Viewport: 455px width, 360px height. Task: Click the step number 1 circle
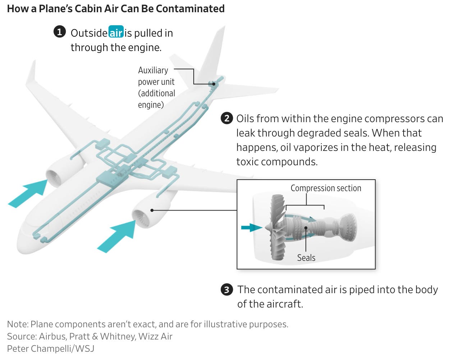tap(59, 32)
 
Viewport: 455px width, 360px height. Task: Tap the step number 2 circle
tap(226, 118)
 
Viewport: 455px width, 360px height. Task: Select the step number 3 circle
tap(226, 290)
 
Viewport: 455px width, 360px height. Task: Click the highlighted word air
tap(116, 33)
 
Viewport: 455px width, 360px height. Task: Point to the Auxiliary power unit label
tap(156, 87)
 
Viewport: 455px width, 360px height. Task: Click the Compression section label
tap(326, 188)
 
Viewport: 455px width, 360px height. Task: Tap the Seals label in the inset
tap(306, 258)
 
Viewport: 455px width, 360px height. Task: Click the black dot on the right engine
tap(152, 210)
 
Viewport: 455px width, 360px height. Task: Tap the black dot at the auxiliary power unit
tap(213, 84)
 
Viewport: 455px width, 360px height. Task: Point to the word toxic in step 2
tap(247, 162)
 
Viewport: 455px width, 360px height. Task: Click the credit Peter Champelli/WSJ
tap(51, 348)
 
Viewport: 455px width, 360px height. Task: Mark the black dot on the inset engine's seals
tap(305, 227)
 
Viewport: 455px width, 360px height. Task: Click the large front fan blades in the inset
tap(277, 226)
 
